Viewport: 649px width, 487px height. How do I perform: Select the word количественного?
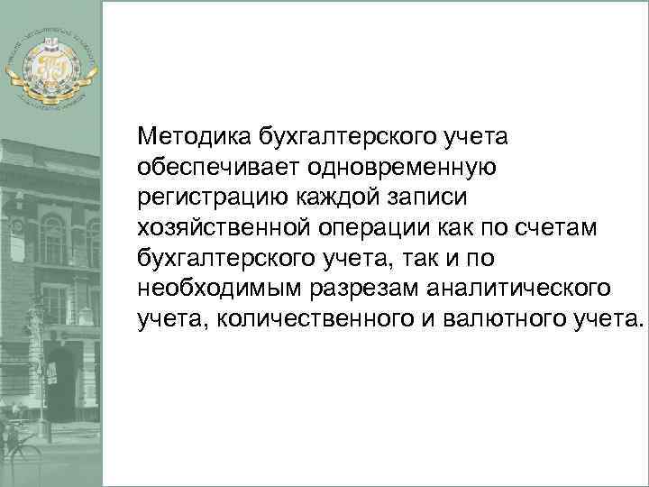click(x=317, y=320)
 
